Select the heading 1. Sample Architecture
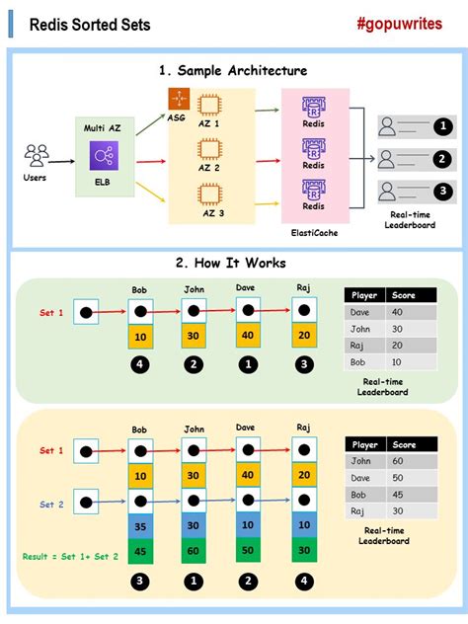[x=233, y=70]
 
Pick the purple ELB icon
[x=104, y=157]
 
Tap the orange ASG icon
[x=178, y=100]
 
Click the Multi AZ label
[x=104, y=126]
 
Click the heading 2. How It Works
[x=231, y=264]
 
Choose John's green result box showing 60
[x=195, y=550]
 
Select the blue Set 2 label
[x=52, y=504]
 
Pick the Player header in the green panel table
[x=364, y=295]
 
